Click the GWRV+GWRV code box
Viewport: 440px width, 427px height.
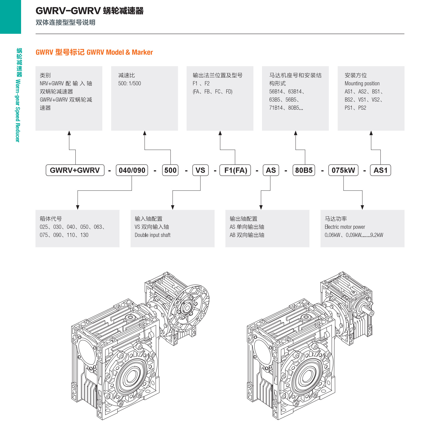pyautogui.click(x=75, y=170)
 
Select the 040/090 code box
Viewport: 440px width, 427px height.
pyautogui.click(x=132, y=170)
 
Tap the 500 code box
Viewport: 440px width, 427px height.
pyautogui.click(x=170, y=170)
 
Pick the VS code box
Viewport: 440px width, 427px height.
pyautogui.click(x=200, y=170)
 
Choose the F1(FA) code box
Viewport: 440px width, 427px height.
pyautogui.click(x=235, y=170)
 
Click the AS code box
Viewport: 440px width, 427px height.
pyautogui.click(x=271, y=170)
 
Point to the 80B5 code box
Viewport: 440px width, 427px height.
pyautogui.click(x=304, y=170)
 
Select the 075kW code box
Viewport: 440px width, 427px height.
pyautogui.click(x=343, y=170)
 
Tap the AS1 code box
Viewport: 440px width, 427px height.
pyautogui.click(x=380, y=170)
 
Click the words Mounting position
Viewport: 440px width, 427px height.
pyautogui.click(x=362, y=84)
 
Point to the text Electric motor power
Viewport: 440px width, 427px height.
pyautogui.click(x=345, y=227)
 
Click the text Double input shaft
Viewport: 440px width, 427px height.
pyautogui.click(x=152, y=235)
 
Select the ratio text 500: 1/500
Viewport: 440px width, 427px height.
pyautogui.click(x=129, y=83)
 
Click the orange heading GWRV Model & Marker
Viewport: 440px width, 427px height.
pyautogui.click(x=120, y=52)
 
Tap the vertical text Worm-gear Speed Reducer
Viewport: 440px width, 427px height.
pyautogui.click(x=18, y=111)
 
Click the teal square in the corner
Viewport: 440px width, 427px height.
pyautogui.click(x=11, y=17)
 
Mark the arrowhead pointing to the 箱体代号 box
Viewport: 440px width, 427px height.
pyautogui.click(x=78, y=207)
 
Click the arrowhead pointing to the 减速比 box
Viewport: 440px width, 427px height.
pyautogui.click(x=145, y=133)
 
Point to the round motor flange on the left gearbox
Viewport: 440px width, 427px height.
pyautogui.click(x=189, y=308)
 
